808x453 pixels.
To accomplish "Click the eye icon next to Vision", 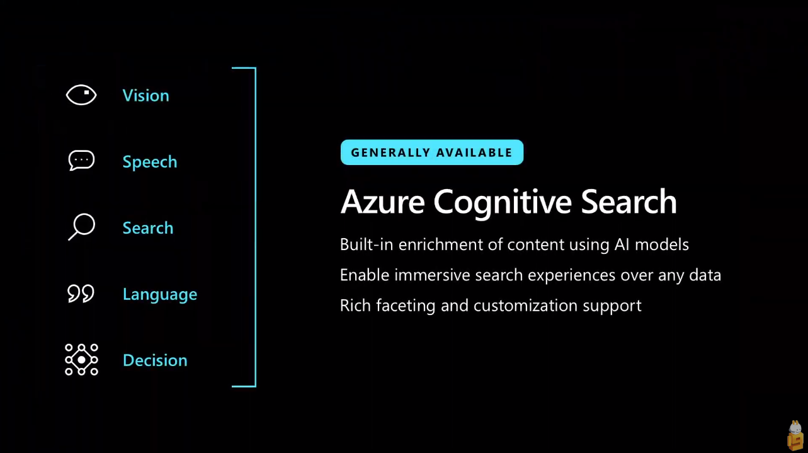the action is (x=81, y=95).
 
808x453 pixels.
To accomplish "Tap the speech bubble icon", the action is (x=81, y=160).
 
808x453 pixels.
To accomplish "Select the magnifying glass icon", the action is (x=81, y=227).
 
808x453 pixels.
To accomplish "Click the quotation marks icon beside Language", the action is (x=81, y=294).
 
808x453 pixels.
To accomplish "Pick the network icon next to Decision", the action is (x=81, y=360).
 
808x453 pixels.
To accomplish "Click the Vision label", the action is (x=145, y=95).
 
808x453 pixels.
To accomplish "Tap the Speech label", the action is (x=150, y=162).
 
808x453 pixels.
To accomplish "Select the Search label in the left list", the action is (x=148, y=228).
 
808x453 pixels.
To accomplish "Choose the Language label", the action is (x=160, y=294).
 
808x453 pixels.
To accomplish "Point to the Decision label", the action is (x=155, y=360).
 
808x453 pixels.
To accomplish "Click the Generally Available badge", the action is (x=432, y=152).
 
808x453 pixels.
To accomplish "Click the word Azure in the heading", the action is (x=383, y=202).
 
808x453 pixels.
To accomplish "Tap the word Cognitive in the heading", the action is (x=503, y=202).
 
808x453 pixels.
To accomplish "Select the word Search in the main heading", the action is (x=629, y=202).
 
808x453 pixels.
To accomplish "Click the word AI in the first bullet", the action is (x=622, y=244).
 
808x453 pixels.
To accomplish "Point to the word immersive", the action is (x=432, y=275).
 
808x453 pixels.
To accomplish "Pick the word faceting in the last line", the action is (x=406, y=306).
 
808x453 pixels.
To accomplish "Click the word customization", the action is (x=526, y=306).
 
